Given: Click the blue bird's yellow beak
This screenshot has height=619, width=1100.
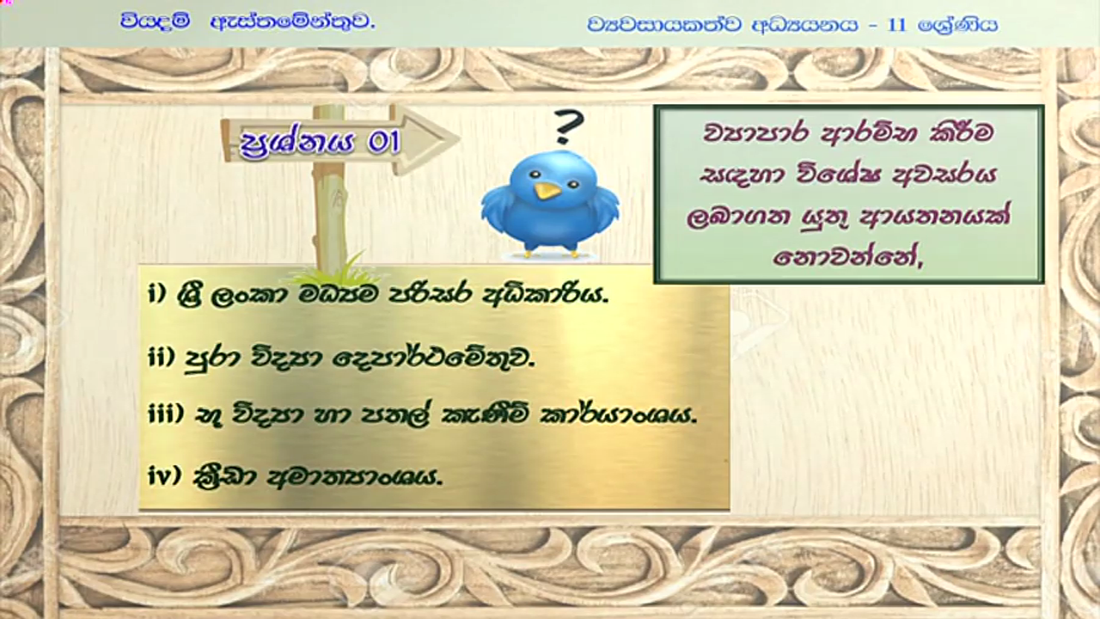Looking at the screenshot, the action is tap(547, 191).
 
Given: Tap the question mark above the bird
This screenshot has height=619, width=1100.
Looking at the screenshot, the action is tap(569, 126).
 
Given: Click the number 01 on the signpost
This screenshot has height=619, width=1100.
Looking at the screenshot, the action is tap(383, 143).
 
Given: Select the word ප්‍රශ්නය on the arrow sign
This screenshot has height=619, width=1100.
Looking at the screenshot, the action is tap(296, 144).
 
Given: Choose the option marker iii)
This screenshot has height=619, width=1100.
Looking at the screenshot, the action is tap(166, 414).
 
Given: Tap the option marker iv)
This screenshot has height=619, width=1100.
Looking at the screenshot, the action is tap(165, 475).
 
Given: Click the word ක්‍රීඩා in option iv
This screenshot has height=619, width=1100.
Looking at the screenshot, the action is tap(225, 475).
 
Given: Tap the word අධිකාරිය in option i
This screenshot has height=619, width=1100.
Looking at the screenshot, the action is tap(546, 295).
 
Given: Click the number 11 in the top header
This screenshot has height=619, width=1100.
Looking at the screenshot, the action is tap(896, 25).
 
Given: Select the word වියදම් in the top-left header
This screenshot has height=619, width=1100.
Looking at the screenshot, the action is tap(156, 22).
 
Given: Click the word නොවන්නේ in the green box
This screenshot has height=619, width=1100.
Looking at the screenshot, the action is tap(848, 256).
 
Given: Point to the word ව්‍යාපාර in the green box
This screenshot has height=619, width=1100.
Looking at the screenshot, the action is tap(756, 132).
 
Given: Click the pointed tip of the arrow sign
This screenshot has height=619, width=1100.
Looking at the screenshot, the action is tap(460, 139).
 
